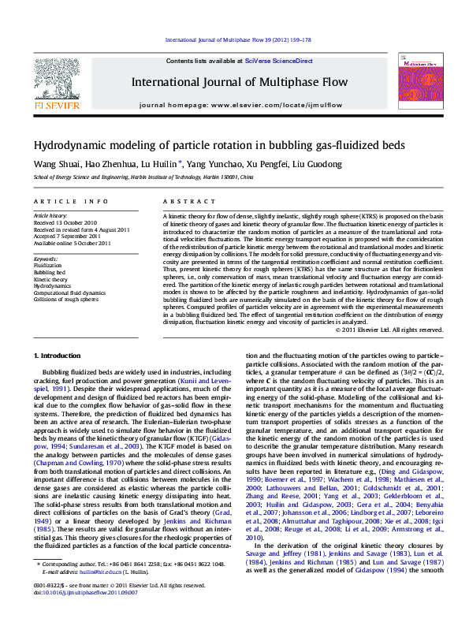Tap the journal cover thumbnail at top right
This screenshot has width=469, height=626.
(417, 81)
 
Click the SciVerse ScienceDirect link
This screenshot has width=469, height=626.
(278, 61)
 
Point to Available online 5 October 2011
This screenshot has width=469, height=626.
(70, 242)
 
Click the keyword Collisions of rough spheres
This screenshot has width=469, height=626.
(66, 300)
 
